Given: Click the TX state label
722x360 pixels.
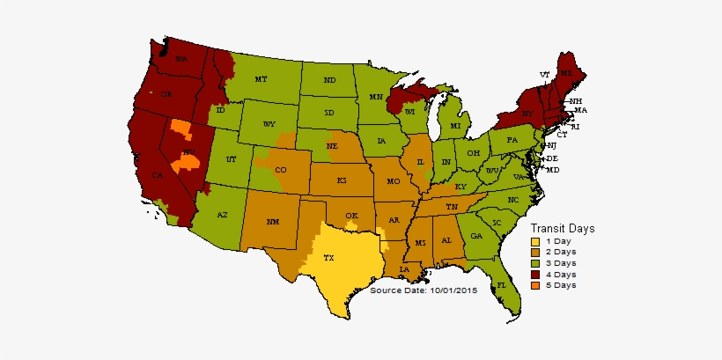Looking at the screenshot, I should [x=328, y=259].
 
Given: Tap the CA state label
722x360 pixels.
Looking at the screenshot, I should [x=158, y=176].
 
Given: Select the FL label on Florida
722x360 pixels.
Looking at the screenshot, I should [x=501, y=286].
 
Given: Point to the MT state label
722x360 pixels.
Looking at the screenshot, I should [x=261, y=79].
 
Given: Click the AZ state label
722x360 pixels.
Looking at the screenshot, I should [x=222, y=215].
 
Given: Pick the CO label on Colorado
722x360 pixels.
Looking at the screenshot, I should [x=281, y=170].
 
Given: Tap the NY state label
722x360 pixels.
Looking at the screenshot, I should [x=527, y=114].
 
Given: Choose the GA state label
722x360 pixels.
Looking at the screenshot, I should [x=476, y=236].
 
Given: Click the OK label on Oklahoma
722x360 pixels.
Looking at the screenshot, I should [x=351, y=216].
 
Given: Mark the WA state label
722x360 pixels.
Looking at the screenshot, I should [x=182, y=59].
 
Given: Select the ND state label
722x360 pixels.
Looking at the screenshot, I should [x=329, y=80].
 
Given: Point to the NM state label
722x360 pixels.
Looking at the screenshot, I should [x=273, y=221].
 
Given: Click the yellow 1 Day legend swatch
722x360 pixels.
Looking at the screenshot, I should [x=534, y=240].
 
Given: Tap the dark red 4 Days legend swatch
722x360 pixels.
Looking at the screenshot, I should [x=534, y=274].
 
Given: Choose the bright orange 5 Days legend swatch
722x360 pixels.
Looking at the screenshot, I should [x=534, y=285].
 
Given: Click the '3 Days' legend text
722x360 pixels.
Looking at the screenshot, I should [x=561, y=263].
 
